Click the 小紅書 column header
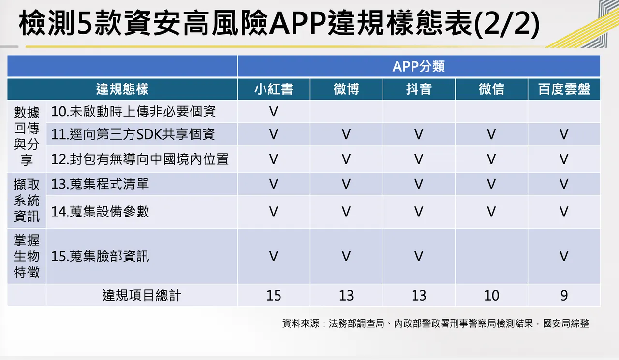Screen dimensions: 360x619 [274, 89]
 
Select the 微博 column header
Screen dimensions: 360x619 [346, 89]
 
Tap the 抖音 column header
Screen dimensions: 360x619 [419, 89]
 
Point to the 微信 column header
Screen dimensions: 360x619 [491, 89]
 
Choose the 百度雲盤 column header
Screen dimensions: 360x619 [564, 89]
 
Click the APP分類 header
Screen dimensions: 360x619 [419, 66]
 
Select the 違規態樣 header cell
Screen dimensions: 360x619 [122, 89]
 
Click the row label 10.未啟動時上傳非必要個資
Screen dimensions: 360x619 [133, 112]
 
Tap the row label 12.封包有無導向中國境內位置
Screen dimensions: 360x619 [140, 159]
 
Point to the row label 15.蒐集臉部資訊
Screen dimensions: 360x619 [100, 256]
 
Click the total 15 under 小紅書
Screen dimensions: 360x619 [274, 295]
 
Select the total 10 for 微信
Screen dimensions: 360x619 [491, 295]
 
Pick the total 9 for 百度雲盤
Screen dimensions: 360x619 [564, 295]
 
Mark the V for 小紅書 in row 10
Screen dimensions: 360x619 [274, 112]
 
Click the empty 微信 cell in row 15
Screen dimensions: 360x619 [491, 256]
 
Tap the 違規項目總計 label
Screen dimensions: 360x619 [142, 295]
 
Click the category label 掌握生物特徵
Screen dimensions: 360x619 [27, 256]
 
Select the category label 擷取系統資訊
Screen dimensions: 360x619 [27, 200]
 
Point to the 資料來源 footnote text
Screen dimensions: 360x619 [435, 324]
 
